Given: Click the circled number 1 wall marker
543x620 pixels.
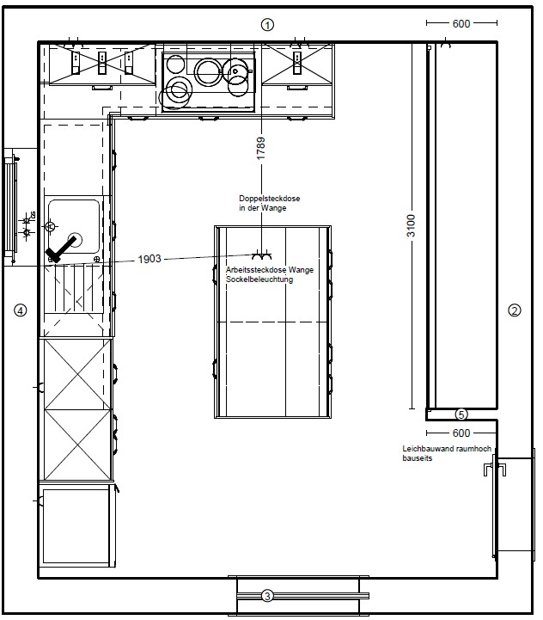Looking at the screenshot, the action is tap(267, 25).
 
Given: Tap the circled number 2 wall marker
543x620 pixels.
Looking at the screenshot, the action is tap(514, 310).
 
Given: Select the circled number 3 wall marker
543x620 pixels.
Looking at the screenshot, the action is tap(267, 595).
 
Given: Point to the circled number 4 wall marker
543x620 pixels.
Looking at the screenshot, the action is tap(21, 310).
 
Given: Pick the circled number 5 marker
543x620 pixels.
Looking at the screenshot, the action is tap(461, 414).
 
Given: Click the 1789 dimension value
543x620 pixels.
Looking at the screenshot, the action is tap(261, 149).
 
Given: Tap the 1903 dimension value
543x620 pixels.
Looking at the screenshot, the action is tap(149, 259).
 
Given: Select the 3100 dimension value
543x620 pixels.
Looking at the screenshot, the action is tap(412, 226).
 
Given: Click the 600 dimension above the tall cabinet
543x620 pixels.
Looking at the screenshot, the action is tap(461, 24).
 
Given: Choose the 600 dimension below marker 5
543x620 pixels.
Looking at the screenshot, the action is tap(461, 433).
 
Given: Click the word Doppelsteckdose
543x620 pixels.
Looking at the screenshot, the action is tap(270, 199).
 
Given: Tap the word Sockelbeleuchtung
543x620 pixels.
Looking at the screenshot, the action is tap(259, 279).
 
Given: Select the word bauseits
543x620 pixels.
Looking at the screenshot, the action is tap(418, 458).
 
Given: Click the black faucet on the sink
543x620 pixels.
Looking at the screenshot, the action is tap(60, 249).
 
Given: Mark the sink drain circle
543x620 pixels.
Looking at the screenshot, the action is tap(76, 240).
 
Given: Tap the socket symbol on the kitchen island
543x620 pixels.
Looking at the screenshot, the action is tap(262, 255).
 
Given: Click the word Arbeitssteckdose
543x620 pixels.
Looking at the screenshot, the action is tap(256, 270).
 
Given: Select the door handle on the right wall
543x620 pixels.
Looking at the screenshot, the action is tap(495, 470).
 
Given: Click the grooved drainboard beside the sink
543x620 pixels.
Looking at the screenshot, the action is tap(74, 289).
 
